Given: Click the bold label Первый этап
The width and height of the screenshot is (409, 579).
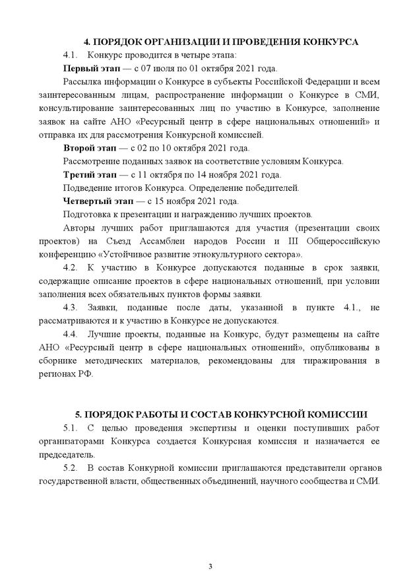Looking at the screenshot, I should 88,69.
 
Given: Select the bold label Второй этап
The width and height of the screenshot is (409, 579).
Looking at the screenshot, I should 87,148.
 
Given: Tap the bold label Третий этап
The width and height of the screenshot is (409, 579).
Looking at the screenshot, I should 88,174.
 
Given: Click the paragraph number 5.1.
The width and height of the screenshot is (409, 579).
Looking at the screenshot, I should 70,429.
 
